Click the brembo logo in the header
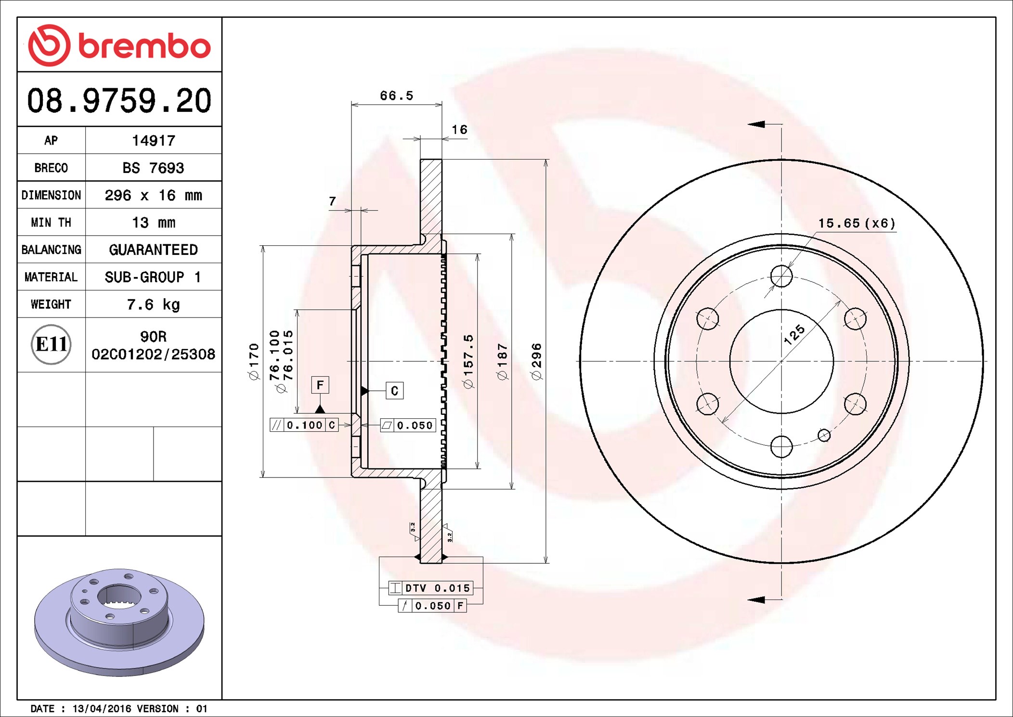pyautogui.click(x=119, y=45)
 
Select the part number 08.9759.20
pyautogui.click(x=119, y=101)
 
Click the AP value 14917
pyautogui.click(x=154, y=141)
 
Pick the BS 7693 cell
pyautogui.click(x=153, y=168)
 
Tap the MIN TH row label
pyautogui.click(x=51, y=222)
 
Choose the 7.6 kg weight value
pyautogui.click(x=153, y=305)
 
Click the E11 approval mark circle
pyautogui.click(x=51, y=345)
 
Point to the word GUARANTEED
pyautogui.click(x=153, y=250)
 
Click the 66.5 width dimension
pyautogui.click(x=396, y=95)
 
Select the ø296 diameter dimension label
pyautogui.click(x=536, y=361)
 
